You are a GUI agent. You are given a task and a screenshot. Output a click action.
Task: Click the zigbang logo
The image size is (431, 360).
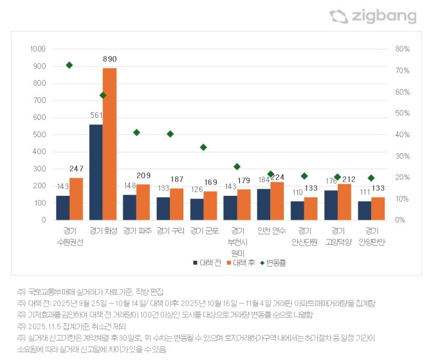(x=372, y=17)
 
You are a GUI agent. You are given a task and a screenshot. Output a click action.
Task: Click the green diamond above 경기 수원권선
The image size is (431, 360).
(x=69, y=65)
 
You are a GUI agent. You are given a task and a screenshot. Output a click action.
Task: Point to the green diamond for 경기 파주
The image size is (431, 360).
(x=136, y=133)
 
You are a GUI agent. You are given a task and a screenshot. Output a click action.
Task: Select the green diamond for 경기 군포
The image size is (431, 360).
(x=203, y=147)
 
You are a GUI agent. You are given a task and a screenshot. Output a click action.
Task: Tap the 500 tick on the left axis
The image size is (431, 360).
(x=39, y=135)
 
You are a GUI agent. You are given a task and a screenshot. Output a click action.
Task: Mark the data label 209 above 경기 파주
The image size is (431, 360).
(x=143, y=176)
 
